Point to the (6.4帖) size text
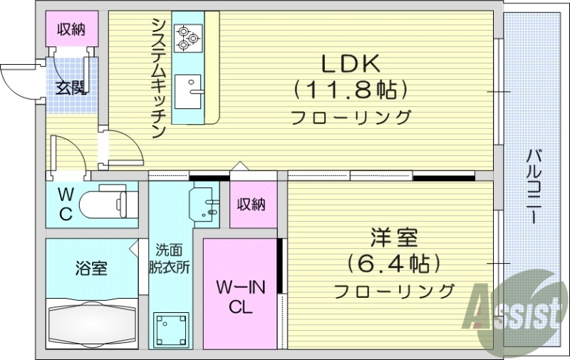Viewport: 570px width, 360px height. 393,264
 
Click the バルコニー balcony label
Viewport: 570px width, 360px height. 534,185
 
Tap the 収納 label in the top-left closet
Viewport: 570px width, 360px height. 71,29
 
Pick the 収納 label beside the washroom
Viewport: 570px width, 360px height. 252,205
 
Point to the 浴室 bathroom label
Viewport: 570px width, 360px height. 91,269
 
